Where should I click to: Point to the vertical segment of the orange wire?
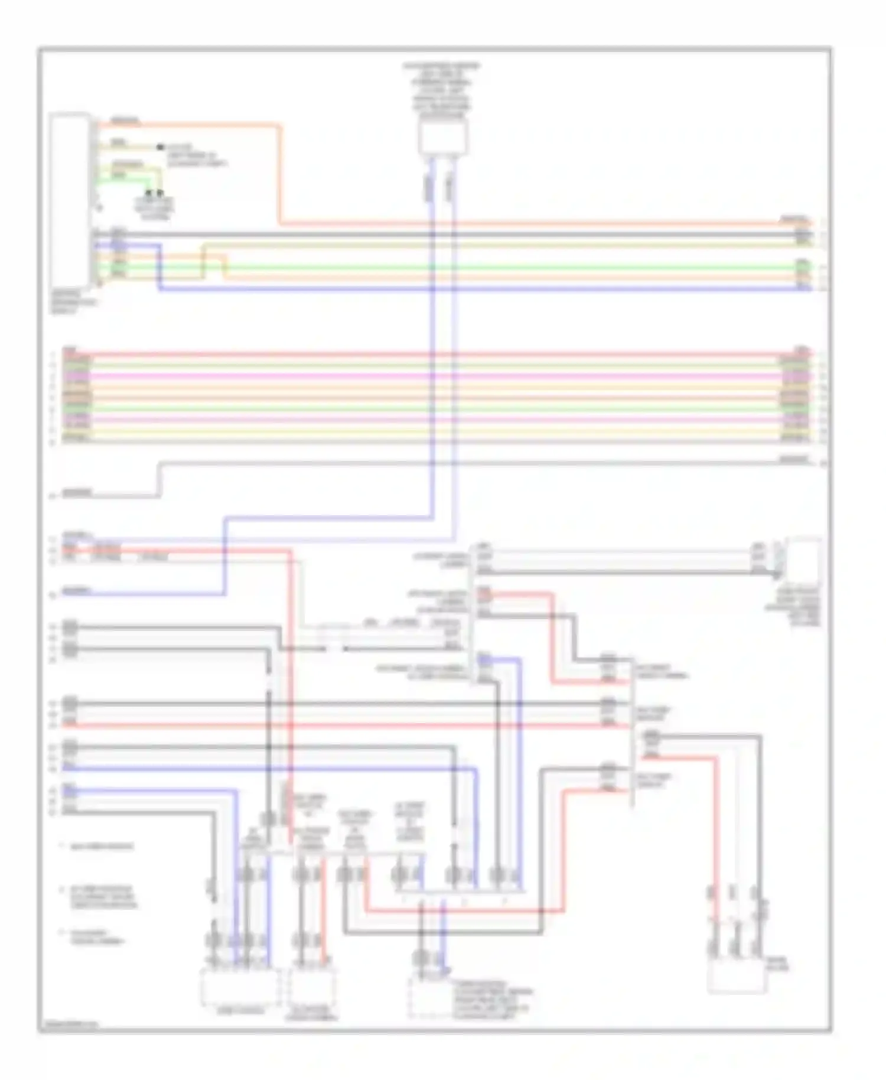coord(278,174)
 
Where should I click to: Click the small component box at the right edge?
coord(803,558)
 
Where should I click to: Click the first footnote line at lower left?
coord(100,847)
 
